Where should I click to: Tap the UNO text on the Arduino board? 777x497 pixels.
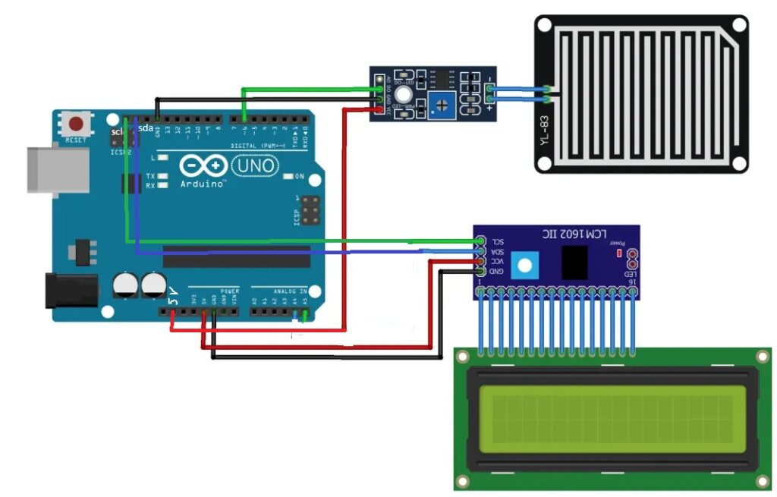pos(255,165)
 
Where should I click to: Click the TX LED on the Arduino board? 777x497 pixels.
pos(162,176)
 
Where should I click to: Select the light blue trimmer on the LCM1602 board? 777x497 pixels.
pos(522,265)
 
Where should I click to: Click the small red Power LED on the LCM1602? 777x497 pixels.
pos(619,252)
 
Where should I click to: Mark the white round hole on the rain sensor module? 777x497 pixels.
pos(404,94)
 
